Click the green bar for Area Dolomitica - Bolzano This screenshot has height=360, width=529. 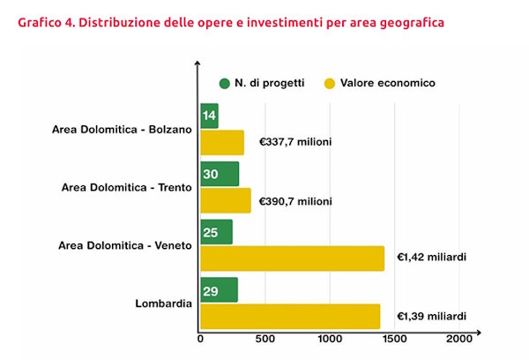[x=210, y=116]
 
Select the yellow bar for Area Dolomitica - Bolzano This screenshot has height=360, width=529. [x=222, y=142]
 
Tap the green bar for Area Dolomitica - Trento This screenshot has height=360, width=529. [x=220, y=174]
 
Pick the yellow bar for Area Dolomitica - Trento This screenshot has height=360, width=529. [x=226, y=200]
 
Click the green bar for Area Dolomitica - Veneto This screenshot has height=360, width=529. [x=217, y=232]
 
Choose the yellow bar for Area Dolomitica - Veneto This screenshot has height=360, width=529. [x=293, y=258]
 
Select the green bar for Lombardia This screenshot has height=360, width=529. [x=220, y=289]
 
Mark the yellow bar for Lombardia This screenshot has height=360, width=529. [x=290, y=316]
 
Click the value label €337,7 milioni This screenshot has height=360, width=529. [x=295, y=142]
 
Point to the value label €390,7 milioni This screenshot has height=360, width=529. [x=295, y=201]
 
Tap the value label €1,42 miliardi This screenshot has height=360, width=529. [x=431, y=258]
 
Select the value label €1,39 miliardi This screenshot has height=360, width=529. [x=431, y=316]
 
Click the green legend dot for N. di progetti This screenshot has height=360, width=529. [x=225, y=83]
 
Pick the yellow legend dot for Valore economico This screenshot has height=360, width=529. [x=330, y=83]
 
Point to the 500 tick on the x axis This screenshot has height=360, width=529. [x=265, y=340]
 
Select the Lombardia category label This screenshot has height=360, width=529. [x=164, y=304]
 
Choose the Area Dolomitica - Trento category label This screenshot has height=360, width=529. [x=127, y=187]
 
